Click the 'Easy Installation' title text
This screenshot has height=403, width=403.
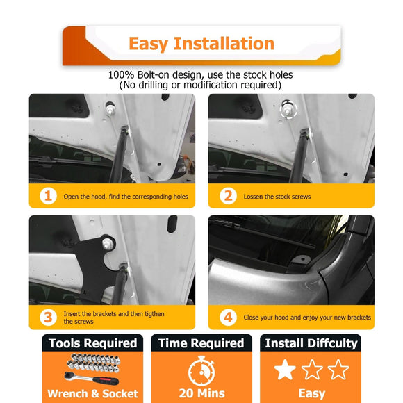tap(201, 44)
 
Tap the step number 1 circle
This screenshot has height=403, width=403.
tap(47, 196)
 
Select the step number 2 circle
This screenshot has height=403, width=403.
tap(227, 196)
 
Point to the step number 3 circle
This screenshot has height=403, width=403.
tap(47, 318)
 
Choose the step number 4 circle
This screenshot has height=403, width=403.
tap(227, 318)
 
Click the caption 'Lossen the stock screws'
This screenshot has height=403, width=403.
tap(277, 197)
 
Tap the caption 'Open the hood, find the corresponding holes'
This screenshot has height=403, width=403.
tap(125, 197)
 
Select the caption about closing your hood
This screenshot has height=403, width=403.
tap(306, 318)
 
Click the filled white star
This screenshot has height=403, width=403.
tap(285, 370)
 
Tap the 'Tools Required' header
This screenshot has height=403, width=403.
tap(92, 343)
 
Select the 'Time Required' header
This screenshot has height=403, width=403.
tap(201, 343)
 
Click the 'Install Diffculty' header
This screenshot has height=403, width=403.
tap(311, 343)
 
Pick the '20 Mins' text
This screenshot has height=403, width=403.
tap(201, 394)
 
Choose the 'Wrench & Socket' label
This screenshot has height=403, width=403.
tap(92, 394)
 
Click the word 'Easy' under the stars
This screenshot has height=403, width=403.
tap(311, 394)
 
